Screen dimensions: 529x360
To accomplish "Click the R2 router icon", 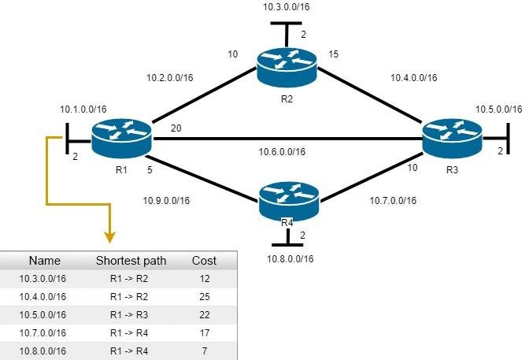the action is [287, 68].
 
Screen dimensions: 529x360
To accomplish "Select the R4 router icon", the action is [289, 202].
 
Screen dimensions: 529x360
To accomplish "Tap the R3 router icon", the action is [453, 139].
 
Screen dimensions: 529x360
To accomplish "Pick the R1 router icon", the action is [121, 139].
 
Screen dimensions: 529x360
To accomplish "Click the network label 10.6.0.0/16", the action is [282, 152].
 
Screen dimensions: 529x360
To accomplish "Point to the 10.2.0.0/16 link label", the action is [170, 78].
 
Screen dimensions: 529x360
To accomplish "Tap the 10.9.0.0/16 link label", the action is [166, 201].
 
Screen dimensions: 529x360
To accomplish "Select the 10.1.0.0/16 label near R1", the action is [83, 109].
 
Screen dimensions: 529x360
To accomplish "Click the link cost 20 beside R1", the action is [176, 128].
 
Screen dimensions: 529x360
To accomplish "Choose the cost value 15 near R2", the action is [333, 54].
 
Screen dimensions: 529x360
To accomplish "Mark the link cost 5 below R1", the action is [150, 170].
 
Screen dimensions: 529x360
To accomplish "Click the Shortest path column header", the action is [131, 261].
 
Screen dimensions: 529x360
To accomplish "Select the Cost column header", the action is [204, 261].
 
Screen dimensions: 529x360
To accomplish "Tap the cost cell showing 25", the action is [205, 297].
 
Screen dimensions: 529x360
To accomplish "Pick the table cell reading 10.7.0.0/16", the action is [43, 333].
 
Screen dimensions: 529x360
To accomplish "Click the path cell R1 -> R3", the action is [129, 315].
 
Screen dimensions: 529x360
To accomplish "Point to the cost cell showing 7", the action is [205, 351].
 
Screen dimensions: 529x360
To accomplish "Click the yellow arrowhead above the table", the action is [109, 237].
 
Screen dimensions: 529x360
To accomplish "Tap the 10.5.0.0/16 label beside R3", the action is [498, 109].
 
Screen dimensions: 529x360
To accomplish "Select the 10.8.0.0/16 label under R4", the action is [290, 259].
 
